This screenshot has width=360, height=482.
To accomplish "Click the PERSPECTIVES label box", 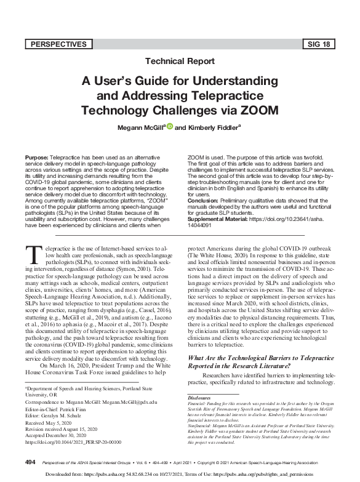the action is (x=60, y=44).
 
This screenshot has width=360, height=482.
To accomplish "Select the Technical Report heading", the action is (x=180, y=61).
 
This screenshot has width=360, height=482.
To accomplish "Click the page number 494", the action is (x=30, y=461).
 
